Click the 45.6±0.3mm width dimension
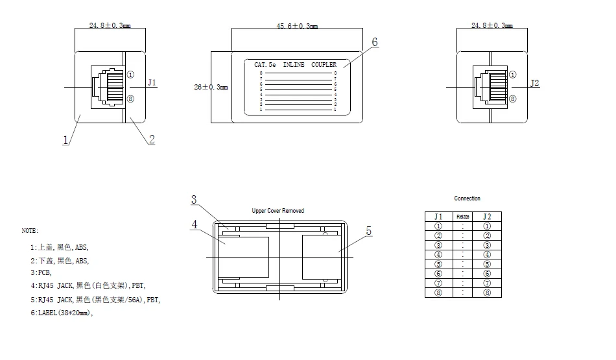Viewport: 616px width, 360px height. (x=297, y=26)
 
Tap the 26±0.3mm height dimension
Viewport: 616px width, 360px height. (x=211, y=86)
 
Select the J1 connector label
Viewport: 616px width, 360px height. (x=152, y=82)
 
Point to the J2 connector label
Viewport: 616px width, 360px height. (x=535, y=82)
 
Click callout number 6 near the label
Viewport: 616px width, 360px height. (x=374, y=42)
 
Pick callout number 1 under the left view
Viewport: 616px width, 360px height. (x=65, y=139)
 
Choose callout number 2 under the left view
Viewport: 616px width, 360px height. (x=151, y=138)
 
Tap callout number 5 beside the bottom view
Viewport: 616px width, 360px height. (x=368, y=231)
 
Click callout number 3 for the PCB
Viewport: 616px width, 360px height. (x=194, y=200)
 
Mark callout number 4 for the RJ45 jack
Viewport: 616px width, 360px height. (x=194, y=224)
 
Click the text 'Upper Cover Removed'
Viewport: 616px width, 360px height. (x=278, y=211)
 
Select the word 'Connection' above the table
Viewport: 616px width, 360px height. (x=467, y=198)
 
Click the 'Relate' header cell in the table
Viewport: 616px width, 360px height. (x=462, y=217)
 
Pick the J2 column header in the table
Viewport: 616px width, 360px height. (x=487, y=217)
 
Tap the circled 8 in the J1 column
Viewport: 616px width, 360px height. (x=438, y=293)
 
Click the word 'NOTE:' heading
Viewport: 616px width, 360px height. (x=30, y=230)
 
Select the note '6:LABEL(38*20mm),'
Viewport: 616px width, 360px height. (x=61, y=313)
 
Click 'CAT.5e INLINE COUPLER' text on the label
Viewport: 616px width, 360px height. (x=295, y=65)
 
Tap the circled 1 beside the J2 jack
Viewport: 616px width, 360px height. (x=513, y=75)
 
